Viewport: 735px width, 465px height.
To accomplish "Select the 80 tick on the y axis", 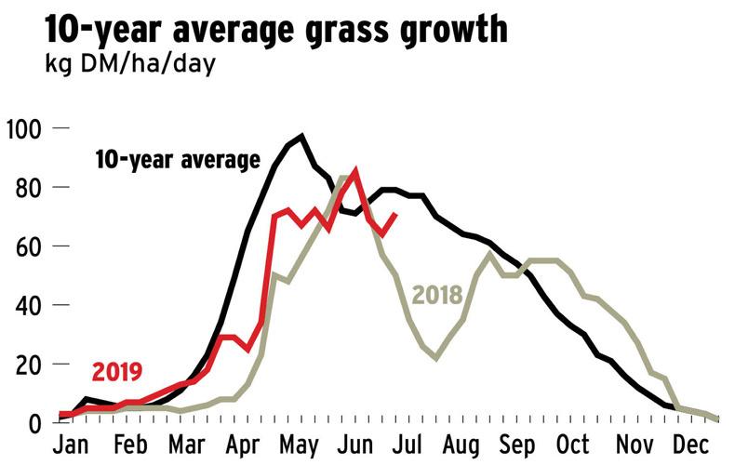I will (x=32, y=187).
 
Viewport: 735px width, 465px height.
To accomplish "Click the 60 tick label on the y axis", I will (x=32, y=246).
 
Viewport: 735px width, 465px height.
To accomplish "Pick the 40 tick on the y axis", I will (x=32, y=306).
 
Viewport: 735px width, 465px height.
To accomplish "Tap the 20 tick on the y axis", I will (x=32, y=365).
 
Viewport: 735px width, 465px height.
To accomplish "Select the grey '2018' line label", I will (x=437, y=296).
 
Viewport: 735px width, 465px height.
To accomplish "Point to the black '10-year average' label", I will (x=177, y=160).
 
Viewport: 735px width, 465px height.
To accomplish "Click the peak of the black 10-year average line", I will (x=301, y=137).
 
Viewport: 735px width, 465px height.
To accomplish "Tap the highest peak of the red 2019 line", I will (x=355, y=170).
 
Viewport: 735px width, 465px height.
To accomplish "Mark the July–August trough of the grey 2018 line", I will (x=435, y=358).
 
